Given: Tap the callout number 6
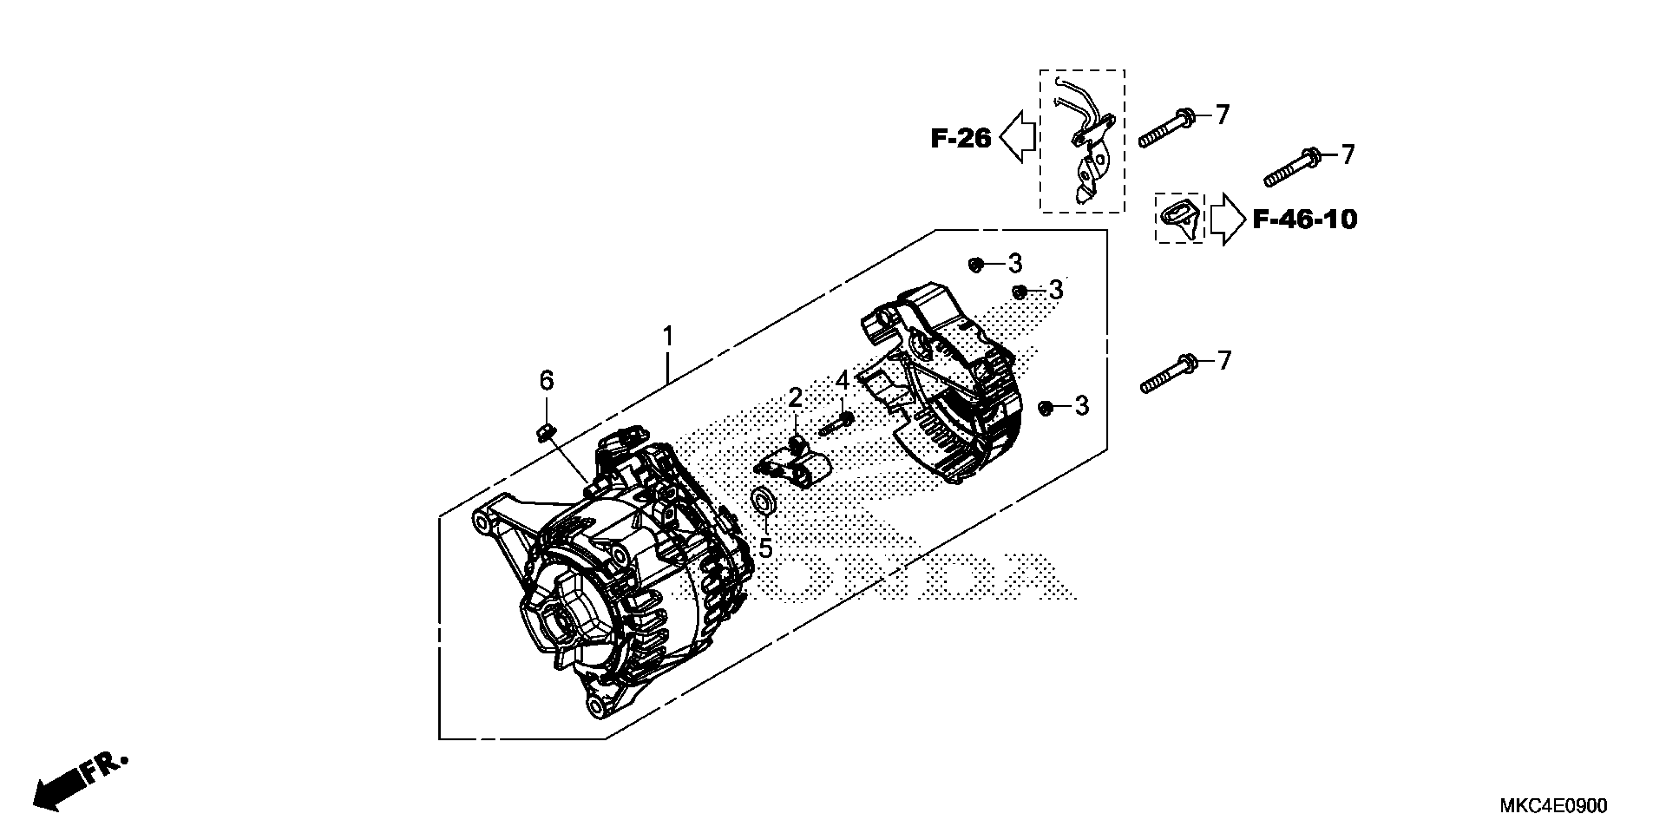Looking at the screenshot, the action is click(x=546, y=381).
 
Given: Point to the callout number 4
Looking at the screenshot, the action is click(x=842, y=380).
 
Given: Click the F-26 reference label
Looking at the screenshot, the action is click(x=960, y=138).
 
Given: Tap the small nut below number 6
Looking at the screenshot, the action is click(x=546, y=431).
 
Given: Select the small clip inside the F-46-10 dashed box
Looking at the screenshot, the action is click(x=1179, y=217).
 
